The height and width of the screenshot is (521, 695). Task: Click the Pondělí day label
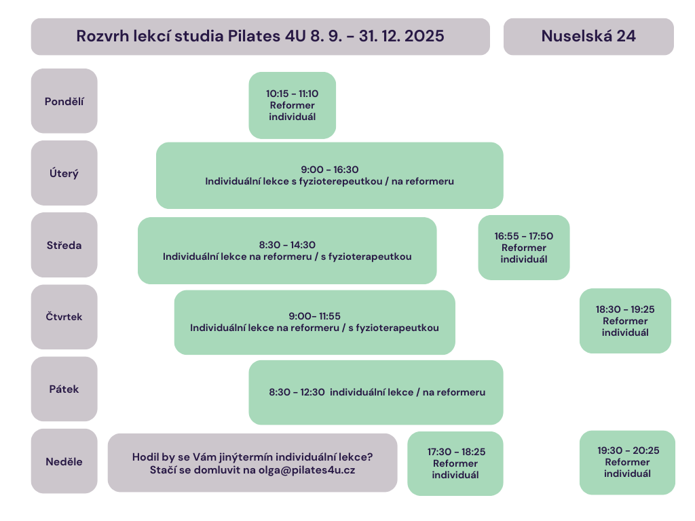pyautogui.click(x=64, y=101)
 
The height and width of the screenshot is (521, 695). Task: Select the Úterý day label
pyautogui.click(x=64, y=173)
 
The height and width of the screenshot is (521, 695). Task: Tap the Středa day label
pyautogui.click(x=64, y=245)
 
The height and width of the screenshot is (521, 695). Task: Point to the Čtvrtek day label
pyautogui.click(x=64, y=317)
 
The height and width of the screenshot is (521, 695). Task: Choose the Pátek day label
pyautogui.click(x=64, y=389)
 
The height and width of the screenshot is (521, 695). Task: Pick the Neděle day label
pyautogui.click(x=64, y=461)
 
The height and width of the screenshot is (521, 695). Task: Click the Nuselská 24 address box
pyautogui.click(x=588, y=37)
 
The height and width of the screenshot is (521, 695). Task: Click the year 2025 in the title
pyautogui.click(x=424, y=36)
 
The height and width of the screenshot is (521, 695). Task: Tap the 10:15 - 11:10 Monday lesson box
pyautogui.click(x=292, y=105)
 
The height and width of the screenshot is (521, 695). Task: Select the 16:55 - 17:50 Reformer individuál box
pyautogui.click(x=524, y=248)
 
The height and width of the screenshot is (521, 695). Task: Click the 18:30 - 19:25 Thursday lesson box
pyautogui.click(x=625, y=321)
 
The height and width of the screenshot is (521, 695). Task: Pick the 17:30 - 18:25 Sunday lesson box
pyautogui.click(x=455, y=463)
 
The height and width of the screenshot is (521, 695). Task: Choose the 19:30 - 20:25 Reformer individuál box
pyautogui.click(x=628, y=463)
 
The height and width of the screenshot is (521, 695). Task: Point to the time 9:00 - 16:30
pyautogui.click(x=330, y=170)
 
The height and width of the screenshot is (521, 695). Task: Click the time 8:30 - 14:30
pyautogui.click(x=287, y=245)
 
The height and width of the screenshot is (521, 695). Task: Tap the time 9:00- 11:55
pyautogui.click(x=315, y=316)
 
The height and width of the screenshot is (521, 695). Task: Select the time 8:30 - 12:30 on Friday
pyautogui.click(x=297, y=392)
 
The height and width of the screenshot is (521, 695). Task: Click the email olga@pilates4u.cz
pyautogui.click(x=307, y=470)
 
